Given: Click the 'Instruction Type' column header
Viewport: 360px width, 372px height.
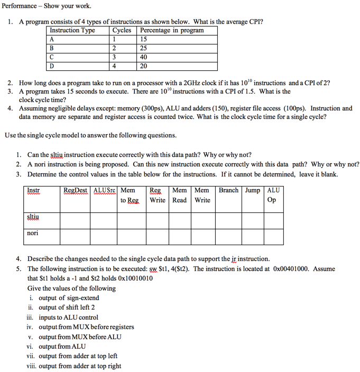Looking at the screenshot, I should [72, 30].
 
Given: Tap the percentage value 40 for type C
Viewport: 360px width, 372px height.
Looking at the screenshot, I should [144, 57].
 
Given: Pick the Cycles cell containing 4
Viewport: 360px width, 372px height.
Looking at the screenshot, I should [114, 66].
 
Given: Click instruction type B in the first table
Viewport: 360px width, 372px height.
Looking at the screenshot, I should [52, 48].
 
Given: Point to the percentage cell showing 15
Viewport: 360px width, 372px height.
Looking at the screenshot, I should [144, 39].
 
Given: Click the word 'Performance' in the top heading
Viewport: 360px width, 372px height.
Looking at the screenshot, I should [19, 6].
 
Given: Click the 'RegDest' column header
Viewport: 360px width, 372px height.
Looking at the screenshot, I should [76, 190].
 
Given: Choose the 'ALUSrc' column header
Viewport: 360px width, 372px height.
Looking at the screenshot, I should [105, 190].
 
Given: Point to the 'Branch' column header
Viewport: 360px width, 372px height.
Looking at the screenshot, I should [228, 190].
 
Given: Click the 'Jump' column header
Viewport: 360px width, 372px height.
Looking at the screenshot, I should [253, 190].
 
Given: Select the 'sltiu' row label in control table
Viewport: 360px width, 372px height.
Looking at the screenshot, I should [33, 217].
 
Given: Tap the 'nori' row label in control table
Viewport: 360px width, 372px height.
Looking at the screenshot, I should [33, 232].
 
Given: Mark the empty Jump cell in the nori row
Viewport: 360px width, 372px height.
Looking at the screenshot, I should [253, 236].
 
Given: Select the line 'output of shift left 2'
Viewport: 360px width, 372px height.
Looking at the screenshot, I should [67, 308].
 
